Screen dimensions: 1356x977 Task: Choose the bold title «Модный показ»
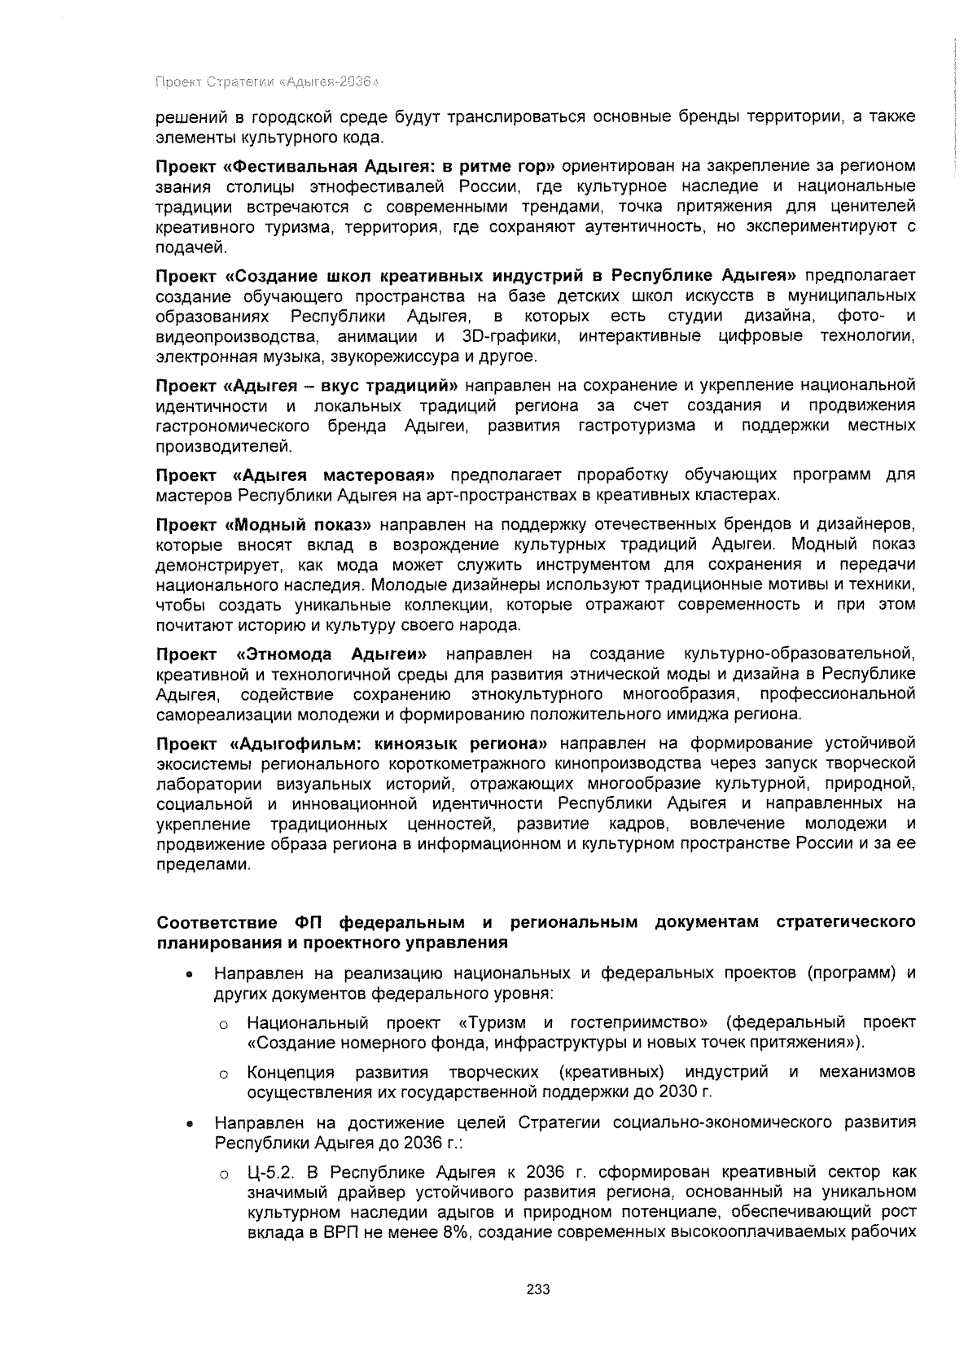(x=301, y=523)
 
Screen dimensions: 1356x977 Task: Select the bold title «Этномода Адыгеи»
(x=332, y=654)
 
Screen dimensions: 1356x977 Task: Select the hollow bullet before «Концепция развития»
(x=221, y=1074)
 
